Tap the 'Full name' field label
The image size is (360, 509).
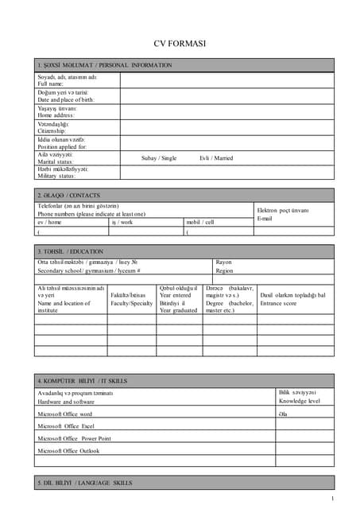[50, 84]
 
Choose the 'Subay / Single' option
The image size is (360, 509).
[159, 158]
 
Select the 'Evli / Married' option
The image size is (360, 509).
[216, 158]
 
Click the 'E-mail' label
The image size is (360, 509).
[265, 218]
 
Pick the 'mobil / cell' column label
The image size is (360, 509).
[199, 223]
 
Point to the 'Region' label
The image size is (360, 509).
[225, 270]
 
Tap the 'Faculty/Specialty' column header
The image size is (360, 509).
[131, 304]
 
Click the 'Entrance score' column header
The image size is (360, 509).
[284, 304]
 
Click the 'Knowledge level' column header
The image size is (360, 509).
[299, 402]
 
